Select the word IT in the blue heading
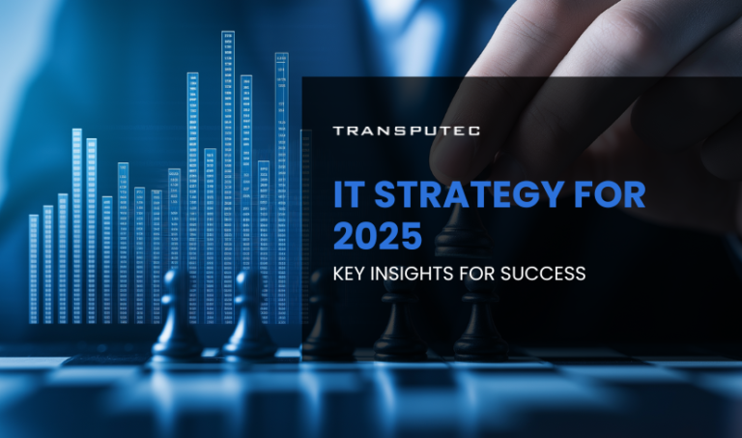[x=347, y=194]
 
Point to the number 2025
[x=377, y=235]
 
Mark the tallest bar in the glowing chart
[x=228, y=174]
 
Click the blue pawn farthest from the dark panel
[x=178, y=314]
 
